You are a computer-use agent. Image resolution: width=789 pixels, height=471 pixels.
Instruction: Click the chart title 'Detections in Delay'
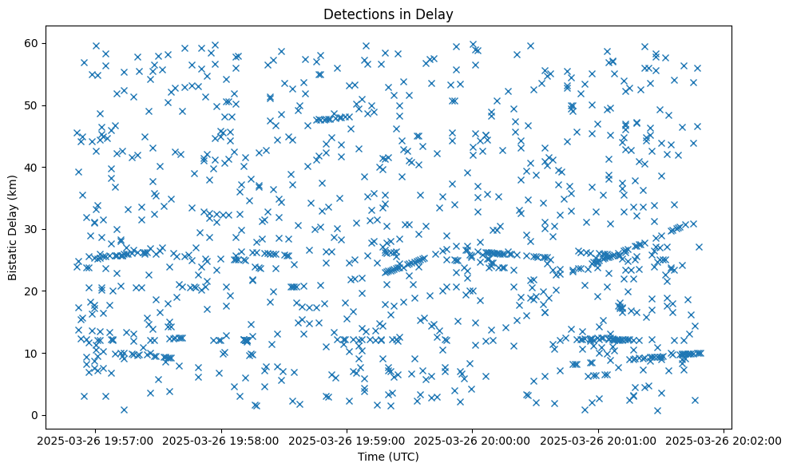click(x=389, y=14)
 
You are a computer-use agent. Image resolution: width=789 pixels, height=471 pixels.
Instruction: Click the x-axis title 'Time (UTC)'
click(x=389, y=457)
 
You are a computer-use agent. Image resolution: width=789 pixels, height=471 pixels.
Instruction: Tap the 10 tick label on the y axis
click(x=34, y=353)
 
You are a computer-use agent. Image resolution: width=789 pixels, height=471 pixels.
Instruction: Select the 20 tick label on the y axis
click(x=34, y=291)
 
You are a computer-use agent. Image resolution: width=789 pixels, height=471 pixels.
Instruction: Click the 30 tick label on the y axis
click(x=34, y=229)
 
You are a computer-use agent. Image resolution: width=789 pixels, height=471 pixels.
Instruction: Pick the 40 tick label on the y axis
click(x=34, y=167)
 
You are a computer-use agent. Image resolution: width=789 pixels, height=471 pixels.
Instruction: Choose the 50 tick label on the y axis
click(x=34, y=105)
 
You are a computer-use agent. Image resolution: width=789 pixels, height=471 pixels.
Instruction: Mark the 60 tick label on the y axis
click(x=34, y=43)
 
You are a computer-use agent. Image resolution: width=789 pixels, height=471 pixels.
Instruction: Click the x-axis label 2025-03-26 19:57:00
click(x=97, y=440)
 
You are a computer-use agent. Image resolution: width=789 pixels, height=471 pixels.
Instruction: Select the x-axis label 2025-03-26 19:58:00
click(x=222, y=440)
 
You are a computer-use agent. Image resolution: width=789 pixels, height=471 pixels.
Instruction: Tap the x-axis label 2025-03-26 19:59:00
click(x=347, y=440)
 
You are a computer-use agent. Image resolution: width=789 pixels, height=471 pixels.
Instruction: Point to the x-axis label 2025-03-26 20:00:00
click(x=473, y=440)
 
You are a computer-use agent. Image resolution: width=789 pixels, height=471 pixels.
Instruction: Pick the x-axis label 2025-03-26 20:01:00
click(x=598, y=440)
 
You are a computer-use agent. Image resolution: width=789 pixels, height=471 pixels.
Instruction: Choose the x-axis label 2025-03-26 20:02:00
click(x=724, y=440)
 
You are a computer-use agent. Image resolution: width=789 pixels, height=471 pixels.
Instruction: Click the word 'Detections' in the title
click(x=353, y=14)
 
